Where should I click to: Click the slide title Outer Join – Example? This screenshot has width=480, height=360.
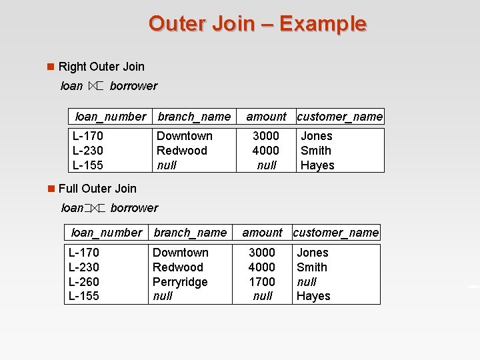pyautogui.click(x=257, y=23)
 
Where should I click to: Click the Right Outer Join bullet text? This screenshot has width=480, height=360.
pyautogui.click(x=101, y=66)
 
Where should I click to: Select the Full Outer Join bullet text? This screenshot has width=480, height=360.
pyautogui.click(x=97, y=189)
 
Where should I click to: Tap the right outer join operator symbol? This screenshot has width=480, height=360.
pyautogui.click(x=96, y=86)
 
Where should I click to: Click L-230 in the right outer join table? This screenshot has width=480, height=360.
pyautogui.click(x=88, y=151)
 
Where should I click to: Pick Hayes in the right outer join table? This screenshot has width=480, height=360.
pyautogui.click(x=317, y=165)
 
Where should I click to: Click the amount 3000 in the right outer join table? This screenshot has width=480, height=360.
pyautogui.click(x=266, y=136)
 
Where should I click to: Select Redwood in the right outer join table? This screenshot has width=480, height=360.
pyautogui.click(x=181, y=151)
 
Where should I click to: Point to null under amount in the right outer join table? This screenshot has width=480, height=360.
pyautogui.click(x=267, y=165)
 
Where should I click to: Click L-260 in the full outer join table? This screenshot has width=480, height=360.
pyautogui.click(x=84, y=281)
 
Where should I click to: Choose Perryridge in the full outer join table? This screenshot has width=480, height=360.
pyautogui.click(x=180, y=281)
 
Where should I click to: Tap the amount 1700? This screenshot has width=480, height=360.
pyautogui.click(x=262, y=281)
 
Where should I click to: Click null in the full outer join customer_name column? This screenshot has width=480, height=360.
pyautogui.click(x=307, y=281)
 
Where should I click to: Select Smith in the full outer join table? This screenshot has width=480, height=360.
pyautogui.click(x=312, y=267)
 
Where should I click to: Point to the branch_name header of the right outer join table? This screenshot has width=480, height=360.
pyautogui.click(x=194, y=117)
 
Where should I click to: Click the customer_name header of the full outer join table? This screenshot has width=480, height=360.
pyautogui.click(x=336, y=233)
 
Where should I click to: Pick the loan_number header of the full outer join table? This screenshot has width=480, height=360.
pyautogui.click(x=107, y=233)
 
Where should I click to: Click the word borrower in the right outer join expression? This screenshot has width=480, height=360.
pyautogui.click(x=133, y=86)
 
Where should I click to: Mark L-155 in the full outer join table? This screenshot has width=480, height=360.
pyautogui.click(x=84, y=296)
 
